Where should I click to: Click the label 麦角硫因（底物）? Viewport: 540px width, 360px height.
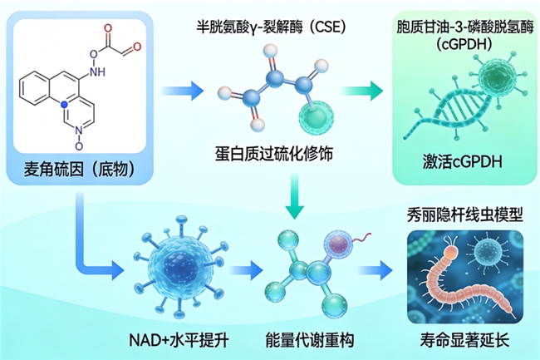pos(72,172)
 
